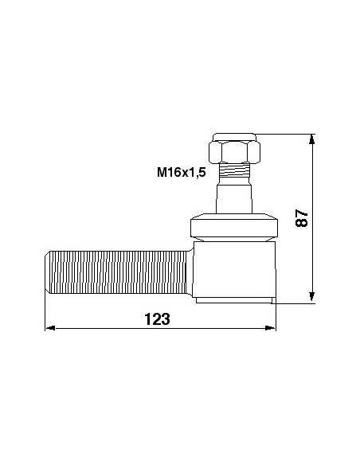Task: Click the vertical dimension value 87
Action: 302,218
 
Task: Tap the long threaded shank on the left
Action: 115,271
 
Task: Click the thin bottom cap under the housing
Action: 233,299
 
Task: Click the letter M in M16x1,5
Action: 162,172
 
